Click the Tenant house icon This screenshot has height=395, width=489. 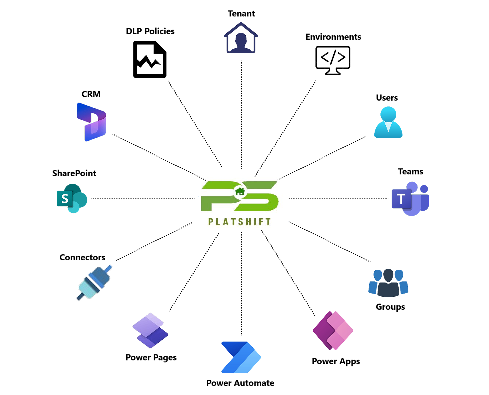(241, 38)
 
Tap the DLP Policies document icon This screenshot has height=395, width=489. (150, 59)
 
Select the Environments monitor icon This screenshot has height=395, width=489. (333, 60)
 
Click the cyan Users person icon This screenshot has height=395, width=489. (388, 122)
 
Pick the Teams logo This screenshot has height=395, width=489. (410, 199)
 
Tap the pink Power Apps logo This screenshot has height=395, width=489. (333, 331)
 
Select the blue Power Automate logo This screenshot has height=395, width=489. (241, 357)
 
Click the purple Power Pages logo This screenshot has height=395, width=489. (150, 331)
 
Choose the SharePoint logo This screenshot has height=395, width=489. (72, 199)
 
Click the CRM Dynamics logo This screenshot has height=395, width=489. (92, 122)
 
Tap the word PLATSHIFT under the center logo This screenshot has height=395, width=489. (239, 222)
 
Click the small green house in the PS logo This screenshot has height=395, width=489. (240, 192)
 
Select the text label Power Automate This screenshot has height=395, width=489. (240, 383)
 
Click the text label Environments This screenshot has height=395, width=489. (333, 37)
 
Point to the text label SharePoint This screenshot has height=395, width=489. (74, 173)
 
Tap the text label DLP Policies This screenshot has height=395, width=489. (150, 31)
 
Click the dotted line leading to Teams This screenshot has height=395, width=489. (338, 198)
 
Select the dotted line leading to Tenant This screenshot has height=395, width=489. (242, 115)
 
